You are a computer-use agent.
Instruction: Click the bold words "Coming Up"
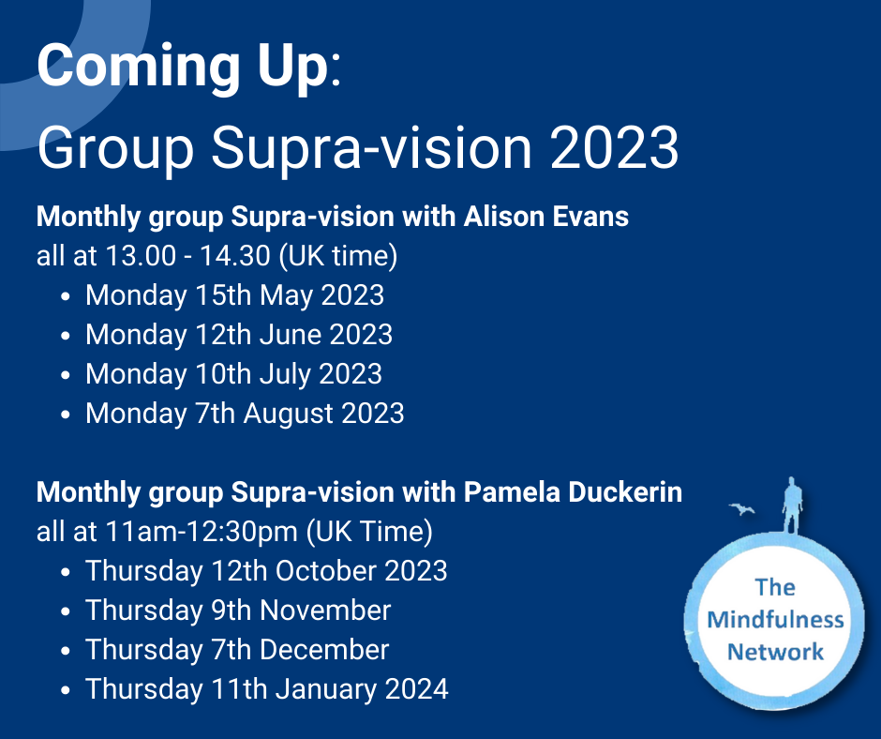[182, 68]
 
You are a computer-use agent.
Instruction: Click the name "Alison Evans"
[545, 217]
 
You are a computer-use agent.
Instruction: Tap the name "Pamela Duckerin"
[573, 492]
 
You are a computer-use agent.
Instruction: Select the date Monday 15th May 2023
[234, 295]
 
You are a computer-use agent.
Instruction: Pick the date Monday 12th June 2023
[239, 335]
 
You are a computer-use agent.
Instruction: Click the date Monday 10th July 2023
[233, 374]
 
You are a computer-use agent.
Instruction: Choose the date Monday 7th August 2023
[245, 414]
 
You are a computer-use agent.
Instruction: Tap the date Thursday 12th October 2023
[266, 571]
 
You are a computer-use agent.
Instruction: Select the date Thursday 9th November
[238, 611]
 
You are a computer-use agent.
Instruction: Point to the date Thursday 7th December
[237, 650]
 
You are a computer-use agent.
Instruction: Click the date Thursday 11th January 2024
[267, 689]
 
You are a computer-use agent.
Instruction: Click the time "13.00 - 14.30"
[187, 256]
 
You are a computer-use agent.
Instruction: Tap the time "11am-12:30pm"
[202, 532]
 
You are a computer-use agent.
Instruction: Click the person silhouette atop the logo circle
[792, 506]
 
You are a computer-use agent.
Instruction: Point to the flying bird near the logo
[742, 509]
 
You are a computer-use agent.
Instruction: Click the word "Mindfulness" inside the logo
[775, 620]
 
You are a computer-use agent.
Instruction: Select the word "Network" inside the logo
[775, 653]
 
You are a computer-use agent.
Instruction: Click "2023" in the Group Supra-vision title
[614, 147]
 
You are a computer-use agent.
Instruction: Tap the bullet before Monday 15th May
[66, 296]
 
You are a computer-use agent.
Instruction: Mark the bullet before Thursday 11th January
[66, 690]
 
